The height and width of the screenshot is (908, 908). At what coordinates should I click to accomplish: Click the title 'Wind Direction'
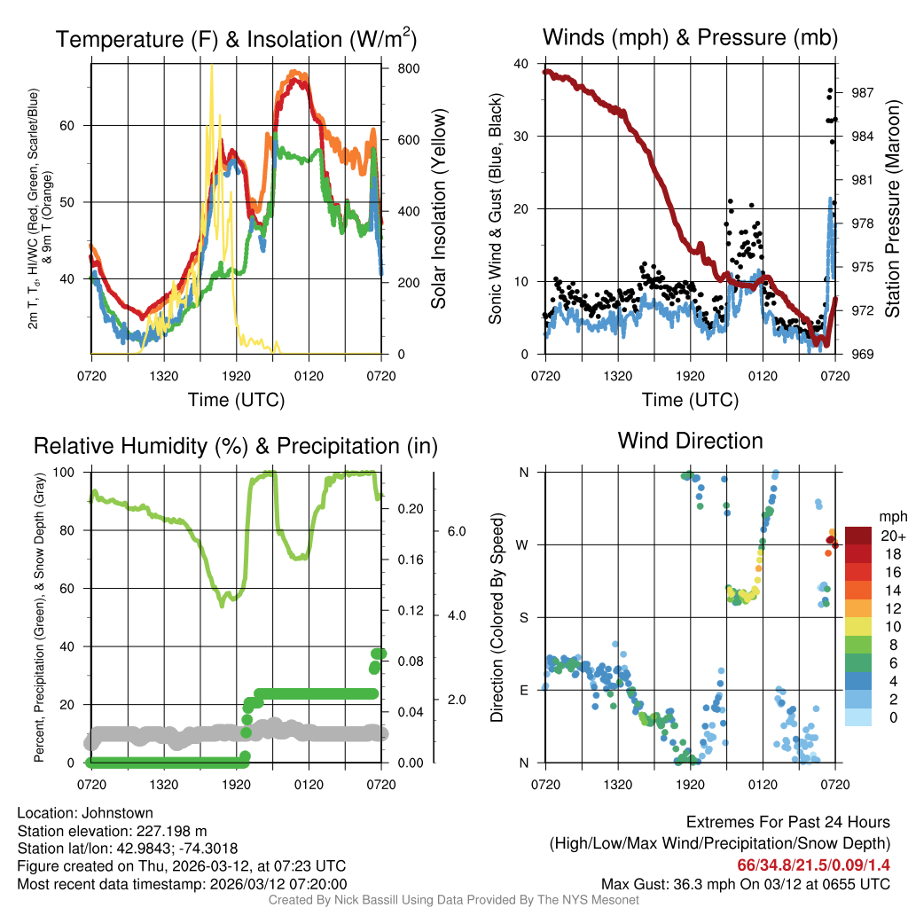coord(690,441)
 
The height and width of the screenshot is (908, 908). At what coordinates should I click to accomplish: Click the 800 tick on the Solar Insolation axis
coord(399,68)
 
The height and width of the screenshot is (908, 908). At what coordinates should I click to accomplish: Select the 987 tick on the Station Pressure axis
coord(862,92)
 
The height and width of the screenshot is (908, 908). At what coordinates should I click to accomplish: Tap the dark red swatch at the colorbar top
coord(858,536)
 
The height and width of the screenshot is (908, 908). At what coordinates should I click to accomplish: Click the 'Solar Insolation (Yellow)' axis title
coord(438,209)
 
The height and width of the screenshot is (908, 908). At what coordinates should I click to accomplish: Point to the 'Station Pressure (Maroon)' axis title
coord(893,209)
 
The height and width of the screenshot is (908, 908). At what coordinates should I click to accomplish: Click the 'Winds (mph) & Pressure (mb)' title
coord(690,37)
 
